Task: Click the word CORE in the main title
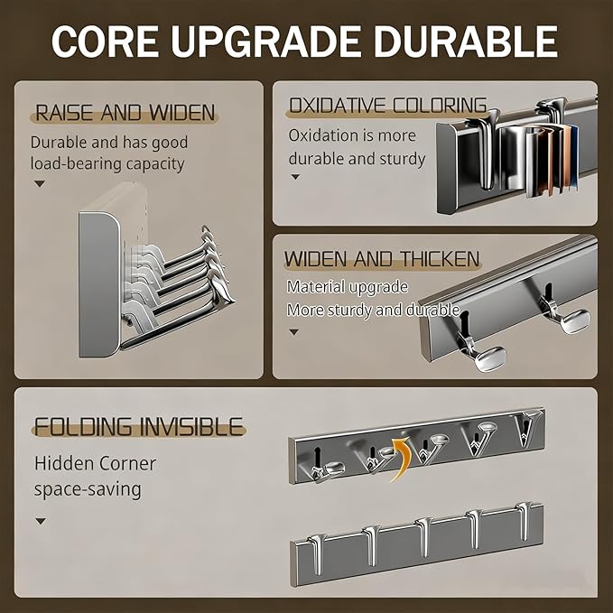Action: click(x=105, y=42)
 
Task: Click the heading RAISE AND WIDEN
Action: click(x=125, y=113)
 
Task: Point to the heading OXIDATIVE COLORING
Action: click(x=388, y=105)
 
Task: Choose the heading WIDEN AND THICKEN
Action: click(x=382, y=259)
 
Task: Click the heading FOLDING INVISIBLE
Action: click(x=139, y=426)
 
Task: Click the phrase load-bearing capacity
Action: click(x=107, y=163)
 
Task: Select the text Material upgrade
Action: click(x=348, y=286)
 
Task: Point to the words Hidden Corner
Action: click(x=95, y=464)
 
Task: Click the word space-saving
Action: click(x=88, y=489)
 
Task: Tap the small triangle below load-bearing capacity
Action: click(x=40, y=183)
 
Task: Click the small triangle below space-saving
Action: click(x=41, y=521)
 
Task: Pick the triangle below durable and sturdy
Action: click(x=295, y=177)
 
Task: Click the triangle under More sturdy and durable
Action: click(x=294, y=332)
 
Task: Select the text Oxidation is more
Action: click(x=352, y=135)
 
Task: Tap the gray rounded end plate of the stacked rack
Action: click(x=99, y=284)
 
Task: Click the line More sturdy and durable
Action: click(x=373, y=310)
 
